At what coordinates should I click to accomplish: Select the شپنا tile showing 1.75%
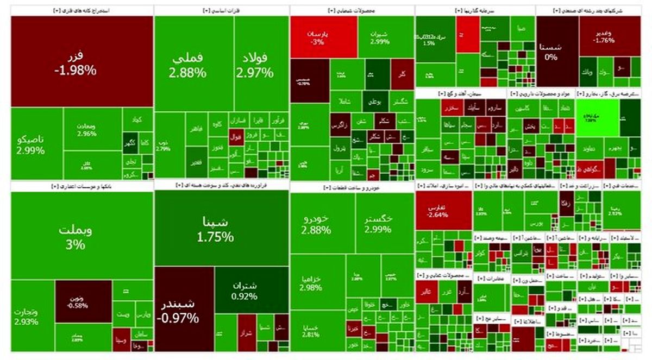[x=221, y=229]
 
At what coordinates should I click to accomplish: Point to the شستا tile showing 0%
[x=556, y=52]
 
